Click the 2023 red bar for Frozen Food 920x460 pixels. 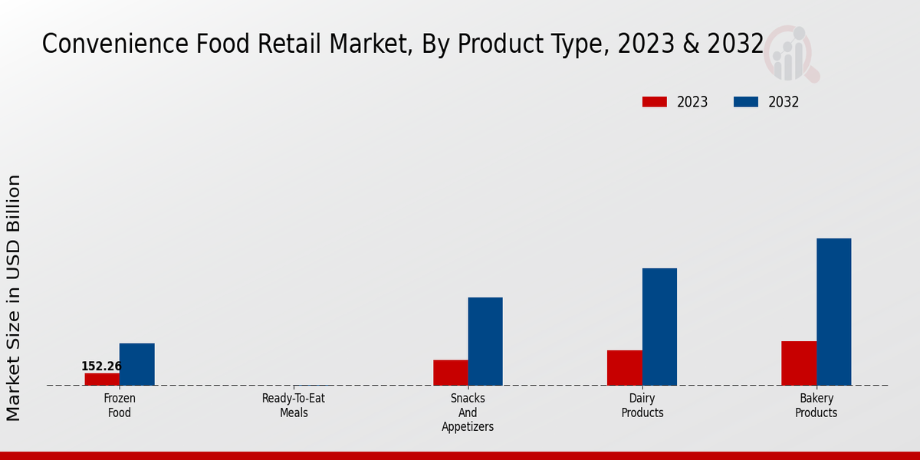pos(102,379)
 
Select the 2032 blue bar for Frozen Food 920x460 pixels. pos(136,364)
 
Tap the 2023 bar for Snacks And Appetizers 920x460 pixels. pos(450,373)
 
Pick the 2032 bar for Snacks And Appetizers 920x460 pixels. pos(485,341)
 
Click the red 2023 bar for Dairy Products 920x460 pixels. pos(624,368)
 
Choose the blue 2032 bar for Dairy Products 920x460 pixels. pos(659,327)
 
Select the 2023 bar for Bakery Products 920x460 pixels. pos(798,363)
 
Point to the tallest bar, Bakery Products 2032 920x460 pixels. pos(833,312)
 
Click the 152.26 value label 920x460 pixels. pos(101,366)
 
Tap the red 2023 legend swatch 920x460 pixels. pos(654,102)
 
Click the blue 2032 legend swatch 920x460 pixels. pos(745,102)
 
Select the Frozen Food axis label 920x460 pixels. pos(120,406)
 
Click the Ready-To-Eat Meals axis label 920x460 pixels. pos(294,406)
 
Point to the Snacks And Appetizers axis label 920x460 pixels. pos(468,412)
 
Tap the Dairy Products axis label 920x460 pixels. pos(642,406)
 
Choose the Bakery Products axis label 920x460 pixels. pos(816,406)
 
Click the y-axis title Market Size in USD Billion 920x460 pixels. pos(14,297)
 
